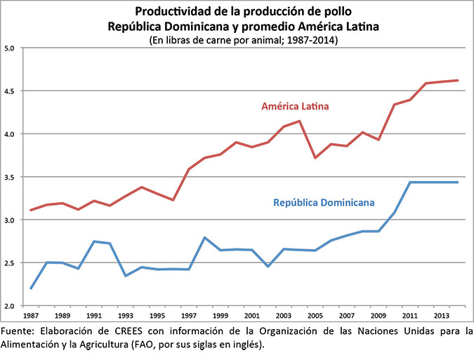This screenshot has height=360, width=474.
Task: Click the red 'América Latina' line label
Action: pyautogui.click(x=296, y=107)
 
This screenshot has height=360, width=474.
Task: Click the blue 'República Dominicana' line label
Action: pyautogui.click(x=321, y=202)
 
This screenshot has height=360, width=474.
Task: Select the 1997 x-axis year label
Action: pyautogui.click(x=189, y=316)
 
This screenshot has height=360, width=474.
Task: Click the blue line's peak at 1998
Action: pyautogui.click(x=204, y=238)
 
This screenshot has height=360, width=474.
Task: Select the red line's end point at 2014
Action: pyautogui.click(x=458, y=80)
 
